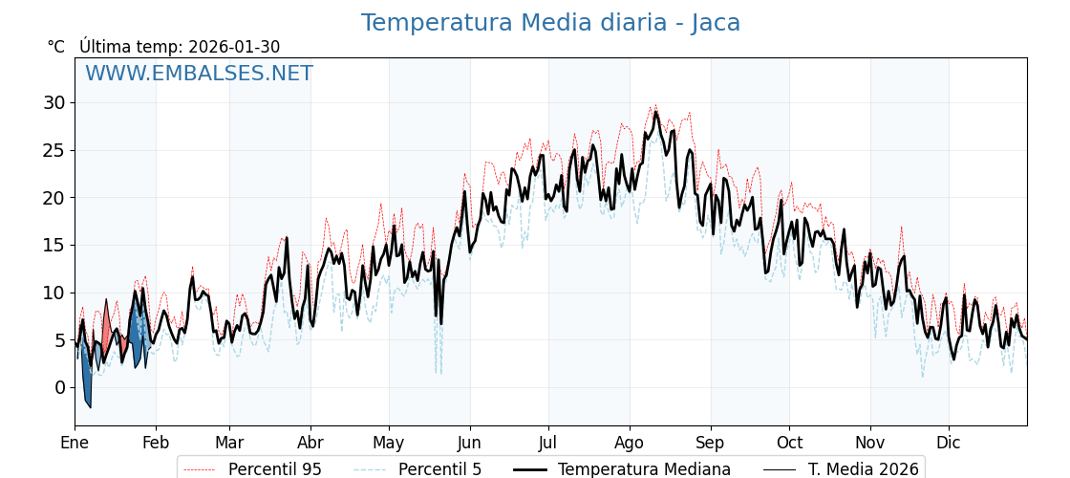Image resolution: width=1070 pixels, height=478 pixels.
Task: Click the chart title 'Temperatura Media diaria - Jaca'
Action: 550,23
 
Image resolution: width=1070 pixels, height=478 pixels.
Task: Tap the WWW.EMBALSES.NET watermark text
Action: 199,74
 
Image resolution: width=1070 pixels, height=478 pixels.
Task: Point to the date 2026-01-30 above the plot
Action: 234,47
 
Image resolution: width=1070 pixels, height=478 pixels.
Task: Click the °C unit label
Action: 55,47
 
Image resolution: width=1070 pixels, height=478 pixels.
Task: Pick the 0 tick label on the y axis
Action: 59,387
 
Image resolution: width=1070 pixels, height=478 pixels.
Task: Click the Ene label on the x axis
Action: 75,443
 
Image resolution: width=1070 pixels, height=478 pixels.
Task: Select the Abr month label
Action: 310,443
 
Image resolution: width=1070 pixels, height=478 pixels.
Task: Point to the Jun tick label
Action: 469,443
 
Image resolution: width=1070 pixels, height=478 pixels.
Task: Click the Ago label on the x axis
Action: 630,443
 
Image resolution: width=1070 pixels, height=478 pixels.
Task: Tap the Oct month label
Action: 789,443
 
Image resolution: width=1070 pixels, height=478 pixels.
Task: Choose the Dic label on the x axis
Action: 949,443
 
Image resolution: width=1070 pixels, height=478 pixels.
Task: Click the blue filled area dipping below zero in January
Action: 87,382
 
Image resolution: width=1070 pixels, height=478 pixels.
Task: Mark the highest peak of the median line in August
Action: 655,113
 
